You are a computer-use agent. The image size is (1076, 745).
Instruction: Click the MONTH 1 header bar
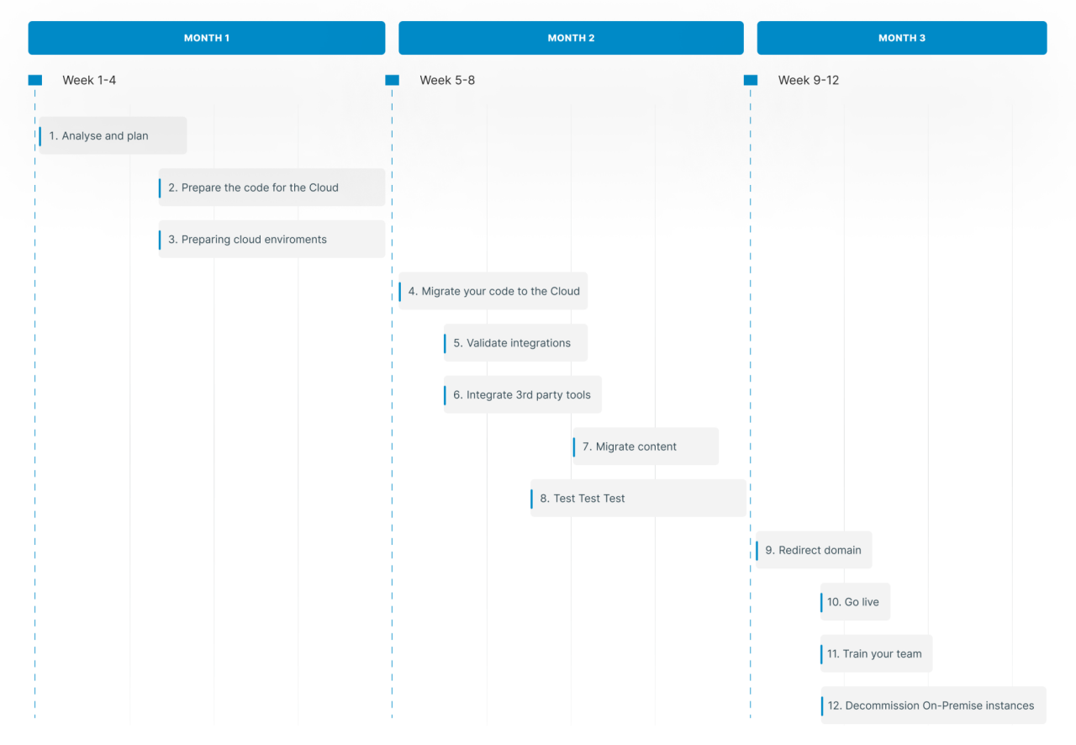(x=206, y=38)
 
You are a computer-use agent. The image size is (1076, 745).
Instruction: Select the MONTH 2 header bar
(x=571, y=38)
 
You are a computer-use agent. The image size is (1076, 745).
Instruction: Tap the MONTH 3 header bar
(x=901, y=38)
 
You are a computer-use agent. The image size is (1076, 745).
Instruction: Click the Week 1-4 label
(x=89, y=80)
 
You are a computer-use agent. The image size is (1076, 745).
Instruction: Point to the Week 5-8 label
(x=447, y=80)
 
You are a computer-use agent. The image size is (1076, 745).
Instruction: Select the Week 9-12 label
(x=808, y=80)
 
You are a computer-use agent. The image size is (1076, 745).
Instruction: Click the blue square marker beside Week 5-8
(x=392, y=80)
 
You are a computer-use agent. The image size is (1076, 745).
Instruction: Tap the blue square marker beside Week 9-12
(x=751, y=80)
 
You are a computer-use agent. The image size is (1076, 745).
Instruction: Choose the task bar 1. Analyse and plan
(x=113, y=135)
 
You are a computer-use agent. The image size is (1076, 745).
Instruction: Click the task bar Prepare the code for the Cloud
(x=272, y=188)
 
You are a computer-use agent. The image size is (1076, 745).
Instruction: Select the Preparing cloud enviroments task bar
(x=272, y=240)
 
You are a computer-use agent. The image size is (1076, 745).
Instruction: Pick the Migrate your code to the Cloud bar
(x=493, y=291)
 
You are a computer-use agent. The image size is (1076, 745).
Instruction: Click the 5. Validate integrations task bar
(x=515, y=343)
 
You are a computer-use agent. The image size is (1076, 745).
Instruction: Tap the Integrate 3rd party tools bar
(x=522, y=394)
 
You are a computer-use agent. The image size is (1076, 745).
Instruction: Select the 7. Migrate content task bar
(x=646, y=446)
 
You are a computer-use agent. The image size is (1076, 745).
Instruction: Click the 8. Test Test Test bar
(x=638, y=498)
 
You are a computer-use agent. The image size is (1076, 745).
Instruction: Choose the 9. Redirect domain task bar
(x=813, y=550)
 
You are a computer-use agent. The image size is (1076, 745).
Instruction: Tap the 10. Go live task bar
(x=855, y=602)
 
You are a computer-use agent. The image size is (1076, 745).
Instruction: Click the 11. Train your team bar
(x=876, y=653)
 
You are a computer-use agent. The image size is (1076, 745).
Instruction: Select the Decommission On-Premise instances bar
(x=933, y=705)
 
